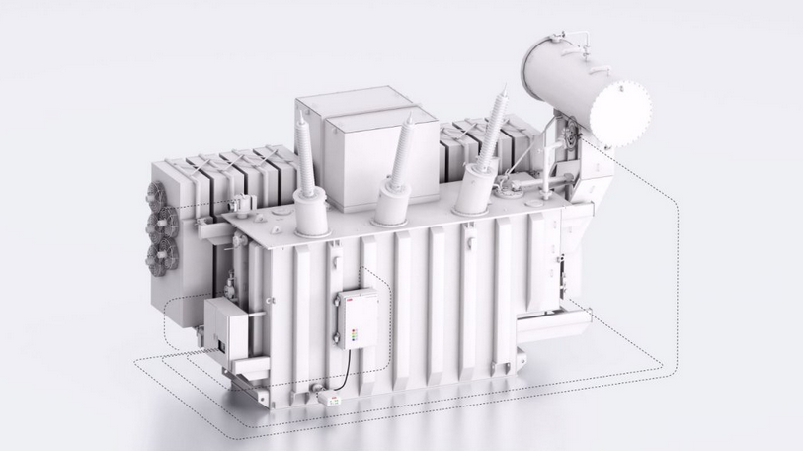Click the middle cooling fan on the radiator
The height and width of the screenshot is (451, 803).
[158, 223]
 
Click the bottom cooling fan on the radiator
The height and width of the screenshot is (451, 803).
[157, 255]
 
